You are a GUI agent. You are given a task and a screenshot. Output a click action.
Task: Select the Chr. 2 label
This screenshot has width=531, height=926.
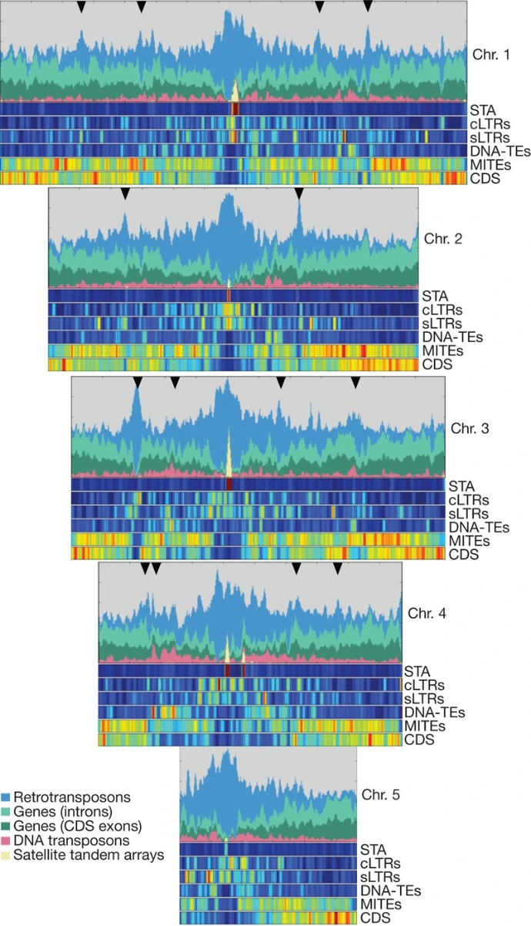[443, 239]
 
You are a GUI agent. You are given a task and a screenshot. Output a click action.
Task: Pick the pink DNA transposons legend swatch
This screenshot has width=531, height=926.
[6, 840]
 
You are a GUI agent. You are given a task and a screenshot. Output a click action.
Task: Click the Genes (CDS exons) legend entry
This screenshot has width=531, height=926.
[75, 826]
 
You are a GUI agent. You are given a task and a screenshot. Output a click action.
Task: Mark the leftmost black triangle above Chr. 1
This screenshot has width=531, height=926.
[82, 7]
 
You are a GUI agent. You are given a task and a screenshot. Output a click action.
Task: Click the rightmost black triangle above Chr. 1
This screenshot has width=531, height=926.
[368, 7]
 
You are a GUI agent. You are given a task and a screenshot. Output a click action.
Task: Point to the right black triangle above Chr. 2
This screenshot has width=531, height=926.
[299, 193]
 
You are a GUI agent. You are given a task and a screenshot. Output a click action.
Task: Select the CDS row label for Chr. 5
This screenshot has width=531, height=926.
[375, 918]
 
